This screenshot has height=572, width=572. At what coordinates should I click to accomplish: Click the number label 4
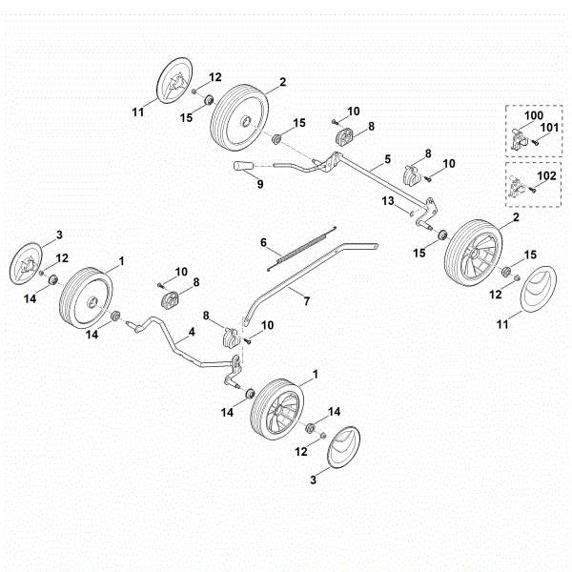(192, 332)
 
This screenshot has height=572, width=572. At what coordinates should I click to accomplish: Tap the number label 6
(264, 243)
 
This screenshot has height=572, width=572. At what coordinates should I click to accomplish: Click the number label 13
(389, 201)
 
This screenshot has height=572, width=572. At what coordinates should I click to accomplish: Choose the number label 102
(548, 175)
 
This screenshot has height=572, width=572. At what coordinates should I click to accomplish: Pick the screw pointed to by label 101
(537, 140)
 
